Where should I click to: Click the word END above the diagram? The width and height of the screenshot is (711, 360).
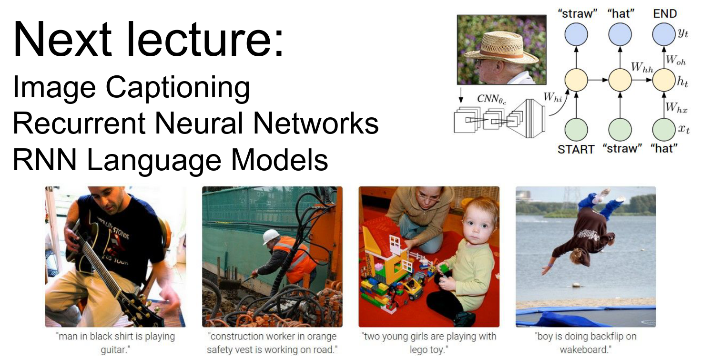point(665,14)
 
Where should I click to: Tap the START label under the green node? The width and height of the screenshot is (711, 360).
point(576,149)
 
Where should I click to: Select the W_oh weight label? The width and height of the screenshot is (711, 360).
point(676,60)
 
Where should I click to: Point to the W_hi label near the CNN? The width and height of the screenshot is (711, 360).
point(553,97)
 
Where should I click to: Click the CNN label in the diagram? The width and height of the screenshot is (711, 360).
point(491,99)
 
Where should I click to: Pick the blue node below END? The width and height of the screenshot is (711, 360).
point(664,34)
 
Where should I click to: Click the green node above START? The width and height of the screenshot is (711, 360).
point(576,130)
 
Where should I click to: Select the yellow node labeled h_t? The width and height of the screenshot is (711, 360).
point(664,80)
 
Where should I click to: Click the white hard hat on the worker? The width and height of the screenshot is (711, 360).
point(271,237)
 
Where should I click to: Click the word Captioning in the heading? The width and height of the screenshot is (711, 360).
point(177,87)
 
